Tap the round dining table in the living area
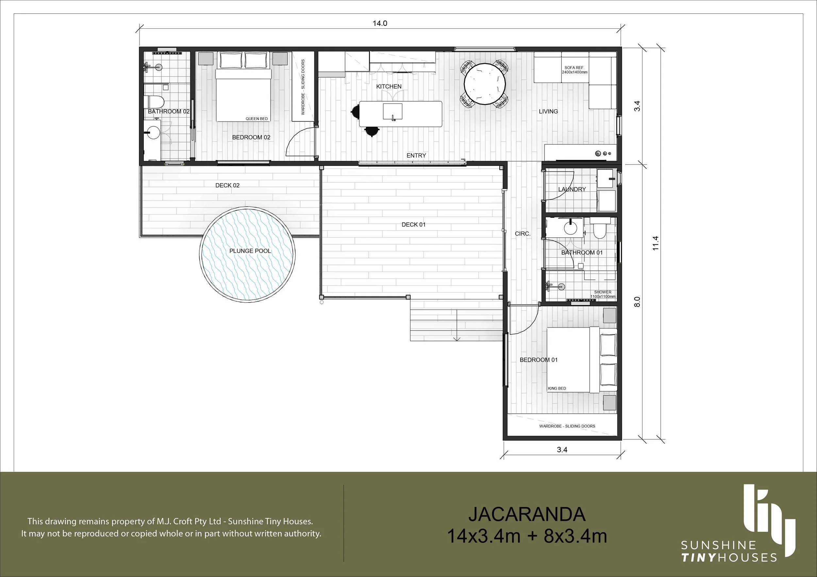485,84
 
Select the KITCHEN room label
389,87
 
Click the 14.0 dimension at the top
380,24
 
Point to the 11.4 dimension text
656,243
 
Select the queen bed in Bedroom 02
244,87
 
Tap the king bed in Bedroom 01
581,360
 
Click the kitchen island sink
392,112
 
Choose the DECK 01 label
413,224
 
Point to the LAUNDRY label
572,189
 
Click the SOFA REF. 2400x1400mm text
574,70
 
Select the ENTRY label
416,155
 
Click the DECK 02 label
227,185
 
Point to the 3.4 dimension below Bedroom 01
562,450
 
